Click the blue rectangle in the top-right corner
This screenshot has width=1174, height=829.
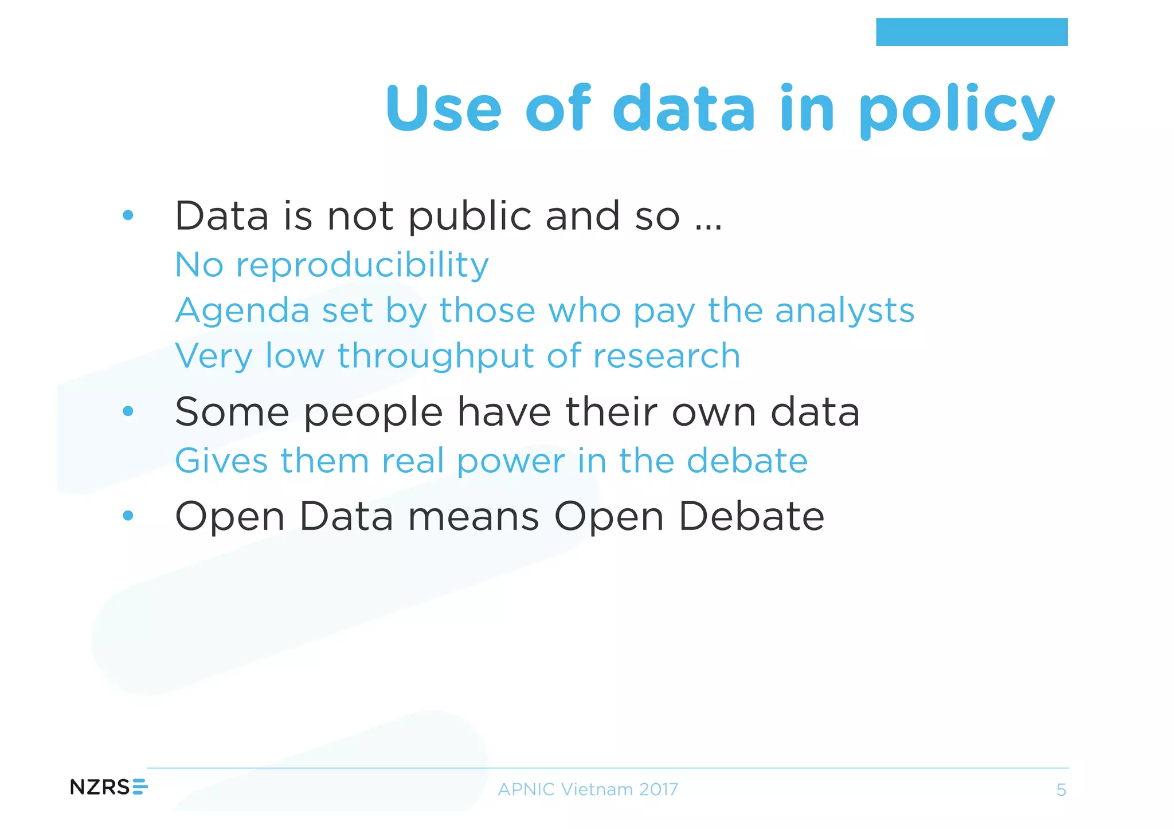tap(971, 32)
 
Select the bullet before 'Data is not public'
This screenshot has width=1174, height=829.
tap(128, 215)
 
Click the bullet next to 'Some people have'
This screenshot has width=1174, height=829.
tap(128, 411)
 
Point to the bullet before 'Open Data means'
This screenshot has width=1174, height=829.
tap(128, 516)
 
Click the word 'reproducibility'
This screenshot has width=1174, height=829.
tap(362, 265)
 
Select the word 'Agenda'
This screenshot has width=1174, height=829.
tap(242, 311)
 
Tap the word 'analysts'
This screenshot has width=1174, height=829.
tap(844, 311)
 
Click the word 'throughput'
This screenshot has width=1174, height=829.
tap(436, 356)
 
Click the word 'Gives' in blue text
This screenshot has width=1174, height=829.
tap(221, 461)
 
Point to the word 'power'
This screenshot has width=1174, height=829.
tap(511, 462)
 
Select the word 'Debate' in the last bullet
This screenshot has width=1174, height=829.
tap(751, 516)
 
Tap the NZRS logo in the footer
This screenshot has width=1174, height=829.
tap(108, 787)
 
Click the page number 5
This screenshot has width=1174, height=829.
tap(1061, 790)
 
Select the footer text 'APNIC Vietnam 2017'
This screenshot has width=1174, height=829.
tap(588, 789)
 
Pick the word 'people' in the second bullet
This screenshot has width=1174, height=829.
tap(373, 412)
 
